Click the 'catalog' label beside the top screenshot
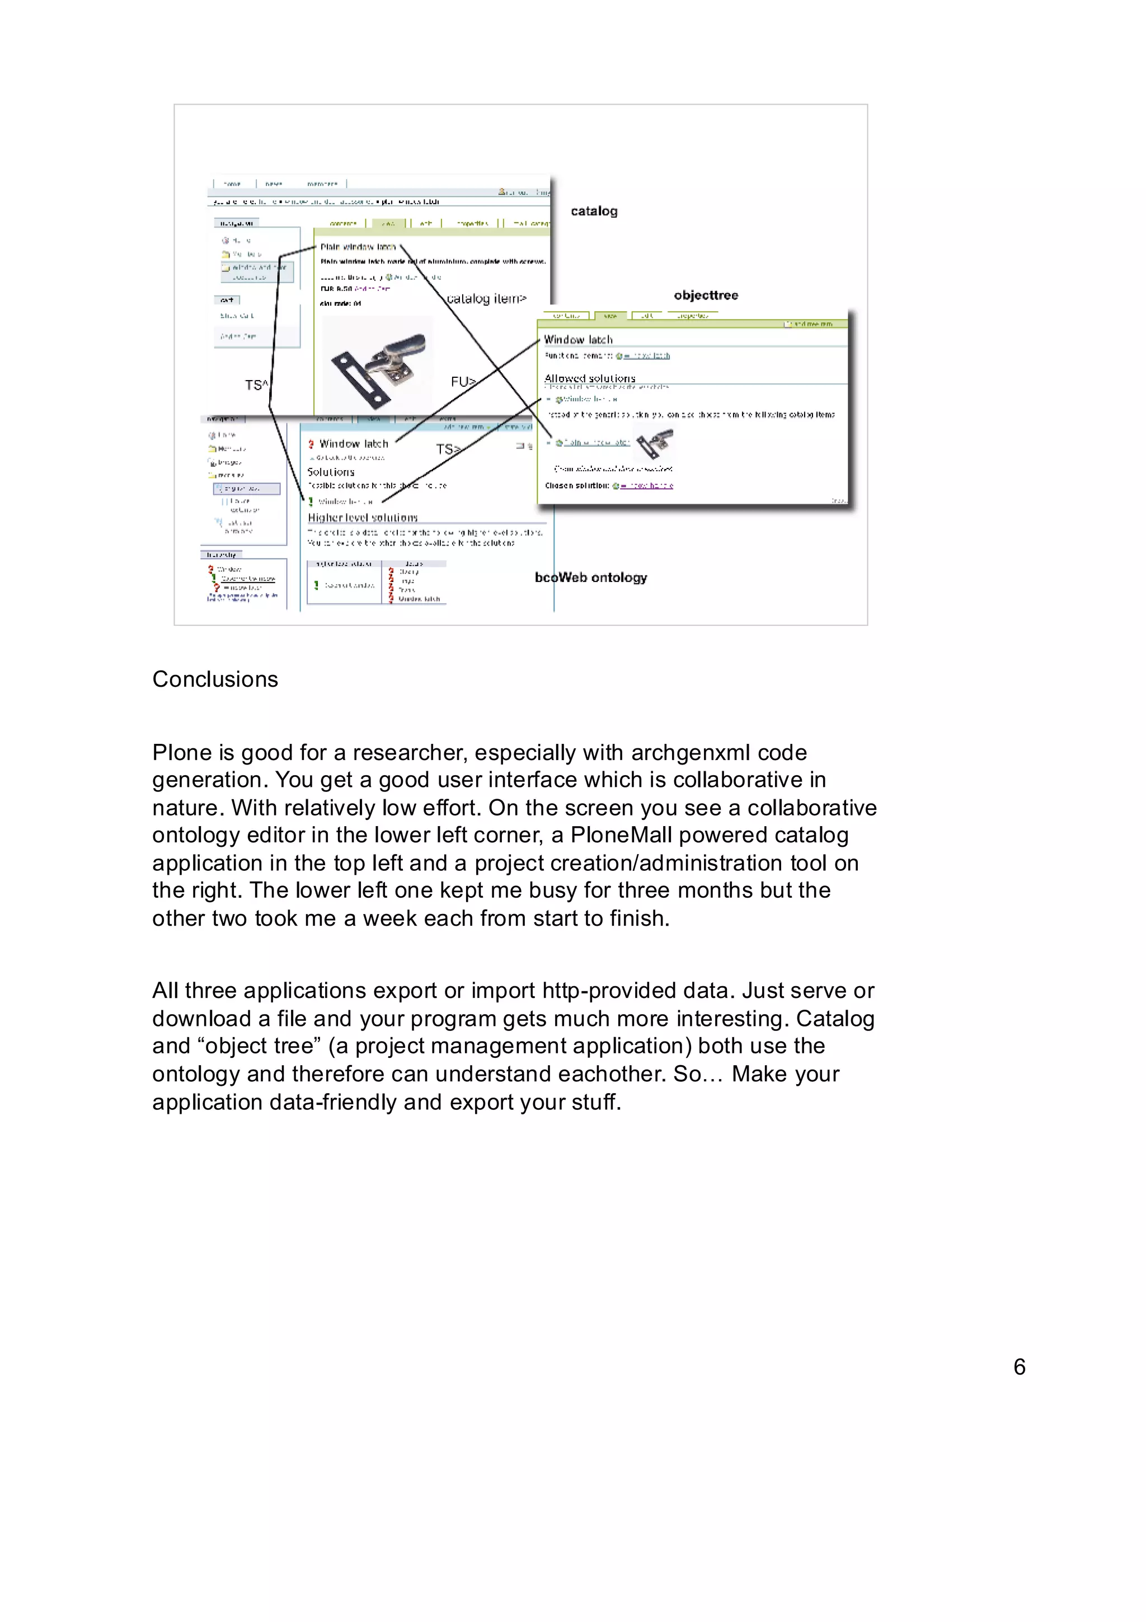coord(594,211)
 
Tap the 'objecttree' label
coord(706,296)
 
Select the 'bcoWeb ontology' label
coord(590,577)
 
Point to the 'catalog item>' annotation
coord(486,299)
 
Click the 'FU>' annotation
coord(463,382)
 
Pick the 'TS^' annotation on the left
coord(256,385)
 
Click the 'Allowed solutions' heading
coord(590,379)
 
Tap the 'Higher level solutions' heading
coord(362,518)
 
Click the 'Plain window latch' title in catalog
coord(358,247)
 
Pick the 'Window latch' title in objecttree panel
coord(577,340)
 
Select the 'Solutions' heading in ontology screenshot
coord(331,472)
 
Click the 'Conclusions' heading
coord(215,679)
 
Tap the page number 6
coord(1019,1366)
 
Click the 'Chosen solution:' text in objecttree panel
coord(577,486)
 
